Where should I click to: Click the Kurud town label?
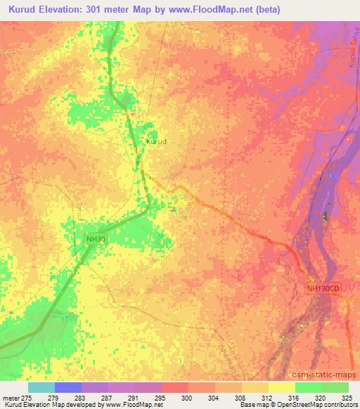click(155, 141)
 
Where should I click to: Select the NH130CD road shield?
click(323, 288)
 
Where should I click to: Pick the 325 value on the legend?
click(347, 398)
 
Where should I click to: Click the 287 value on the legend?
click(108, 398)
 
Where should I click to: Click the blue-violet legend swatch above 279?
click(68, 387)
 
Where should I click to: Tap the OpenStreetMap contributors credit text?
click(319, 405)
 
